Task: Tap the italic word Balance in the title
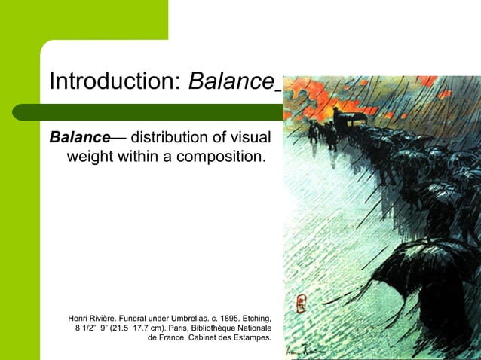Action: click(x=231, y=80)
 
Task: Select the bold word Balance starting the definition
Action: click(x=80, y=139)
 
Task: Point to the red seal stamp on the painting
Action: click(x=302, y=304)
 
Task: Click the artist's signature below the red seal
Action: click(x=305, y=348)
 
